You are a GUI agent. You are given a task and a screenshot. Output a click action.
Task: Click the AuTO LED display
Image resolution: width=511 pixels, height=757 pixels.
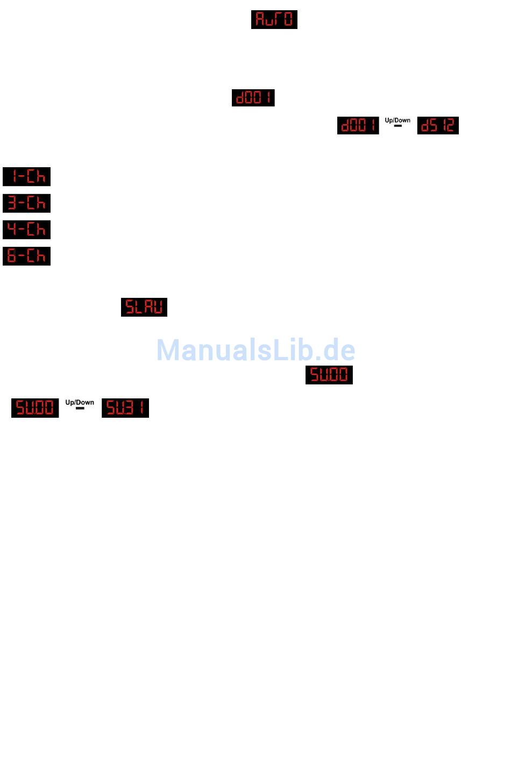pyautogui.click(x=274, y=19)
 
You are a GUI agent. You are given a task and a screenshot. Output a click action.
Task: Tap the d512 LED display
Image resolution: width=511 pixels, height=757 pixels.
pyautogui.click(x=438, y=125)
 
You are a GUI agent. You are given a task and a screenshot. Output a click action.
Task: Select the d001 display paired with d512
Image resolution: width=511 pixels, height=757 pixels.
pyautogui.click(x=358, y=125)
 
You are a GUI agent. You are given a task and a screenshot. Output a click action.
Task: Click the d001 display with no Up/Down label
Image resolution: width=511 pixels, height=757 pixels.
pyautogui.click(x=253, y=98)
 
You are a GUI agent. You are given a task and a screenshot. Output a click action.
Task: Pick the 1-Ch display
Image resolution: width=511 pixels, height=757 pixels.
pyautogui.click(x=26, y=176)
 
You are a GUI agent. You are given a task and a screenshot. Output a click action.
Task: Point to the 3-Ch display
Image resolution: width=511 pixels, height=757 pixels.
pyautogui.click(x=26, y=203)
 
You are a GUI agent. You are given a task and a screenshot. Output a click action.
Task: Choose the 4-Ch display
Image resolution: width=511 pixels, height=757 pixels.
pyautogui.click(x=26, y=230)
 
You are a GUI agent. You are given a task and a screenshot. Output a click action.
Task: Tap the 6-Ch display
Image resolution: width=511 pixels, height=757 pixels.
pyautogui.click(x=26, y=256)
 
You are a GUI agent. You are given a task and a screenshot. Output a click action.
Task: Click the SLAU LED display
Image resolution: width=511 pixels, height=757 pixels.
pyautogui.click(x=144, y=307)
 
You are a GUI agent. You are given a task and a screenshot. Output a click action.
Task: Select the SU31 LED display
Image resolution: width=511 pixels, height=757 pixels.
pyautogui.click(x=125, y=408)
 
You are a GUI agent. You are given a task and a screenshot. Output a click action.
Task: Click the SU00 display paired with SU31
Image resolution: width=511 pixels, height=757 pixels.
pyautogui.click(x=35, y=408)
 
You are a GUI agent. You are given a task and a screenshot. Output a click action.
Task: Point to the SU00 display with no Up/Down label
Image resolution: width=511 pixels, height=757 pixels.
pyautogui.click(x=329, y=375)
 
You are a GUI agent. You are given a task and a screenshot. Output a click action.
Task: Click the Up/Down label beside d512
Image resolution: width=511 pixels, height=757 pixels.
pyautogui.click(x=398, y=120)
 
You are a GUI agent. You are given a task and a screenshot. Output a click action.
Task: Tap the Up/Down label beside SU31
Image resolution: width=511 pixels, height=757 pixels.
pyautogui.click(x=80, y=402)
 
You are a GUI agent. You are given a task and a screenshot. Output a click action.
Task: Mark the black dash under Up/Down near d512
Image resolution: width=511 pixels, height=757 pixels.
pyautogui.click(x=398, y=126)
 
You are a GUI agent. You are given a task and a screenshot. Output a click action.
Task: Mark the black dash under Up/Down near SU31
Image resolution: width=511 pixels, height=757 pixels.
pyautogui.click(x=80, y=408)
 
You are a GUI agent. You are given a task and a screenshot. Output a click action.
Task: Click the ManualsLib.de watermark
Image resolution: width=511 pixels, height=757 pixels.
pyautogui.click(x=256, y=350)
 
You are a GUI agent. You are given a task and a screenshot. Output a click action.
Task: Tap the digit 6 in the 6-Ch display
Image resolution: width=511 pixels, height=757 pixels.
pyautogui.click(x=12, y=256)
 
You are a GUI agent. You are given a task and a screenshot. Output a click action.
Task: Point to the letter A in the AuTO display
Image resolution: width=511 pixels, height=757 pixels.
pyautogui.click(x=260, y=19)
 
